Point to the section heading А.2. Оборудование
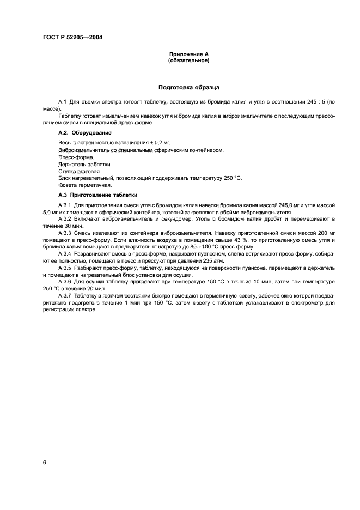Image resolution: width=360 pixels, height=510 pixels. click(84, 132)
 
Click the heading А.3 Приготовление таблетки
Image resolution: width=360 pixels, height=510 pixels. click(98, 195)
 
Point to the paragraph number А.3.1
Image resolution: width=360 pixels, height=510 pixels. click(65, 205)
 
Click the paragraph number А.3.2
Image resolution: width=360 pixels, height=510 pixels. click(65, 219)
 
